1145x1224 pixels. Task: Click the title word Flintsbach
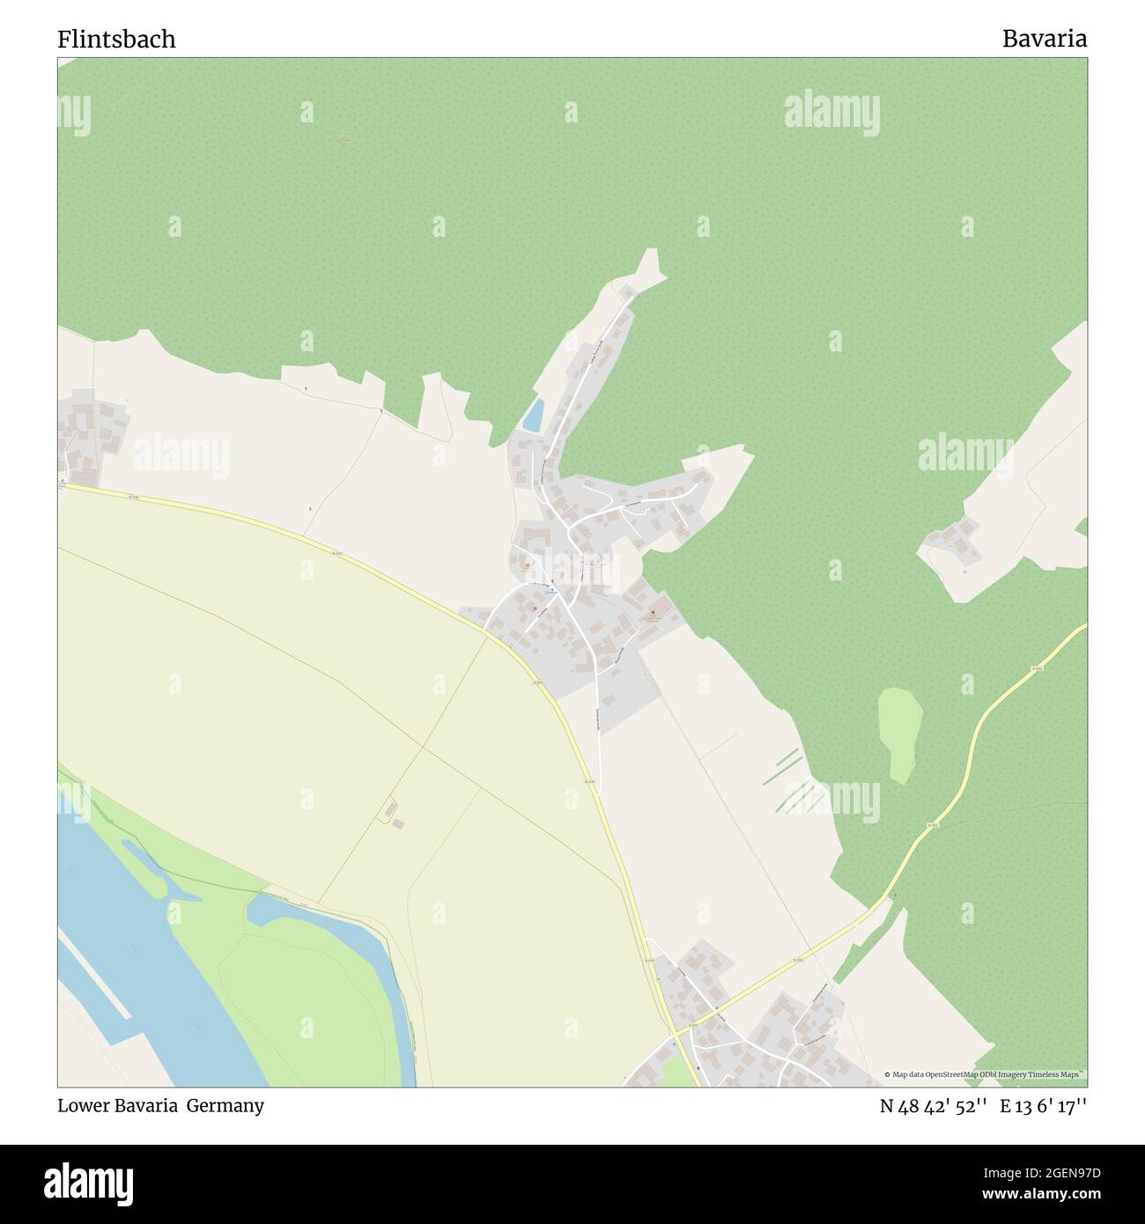[x=116, y=40]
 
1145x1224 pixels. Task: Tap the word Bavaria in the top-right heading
[x=1044, y=40]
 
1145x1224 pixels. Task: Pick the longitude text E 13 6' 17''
[x=1043, y=1107]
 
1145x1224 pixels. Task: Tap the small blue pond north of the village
[x=533, y=415]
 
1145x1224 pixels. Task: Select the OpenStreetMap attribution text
[x=986, y=1074]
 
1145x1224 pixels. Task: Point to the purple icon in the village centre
[x=534, y=608]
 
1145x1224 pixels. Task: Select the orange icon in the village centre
[x=528, y=567]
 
